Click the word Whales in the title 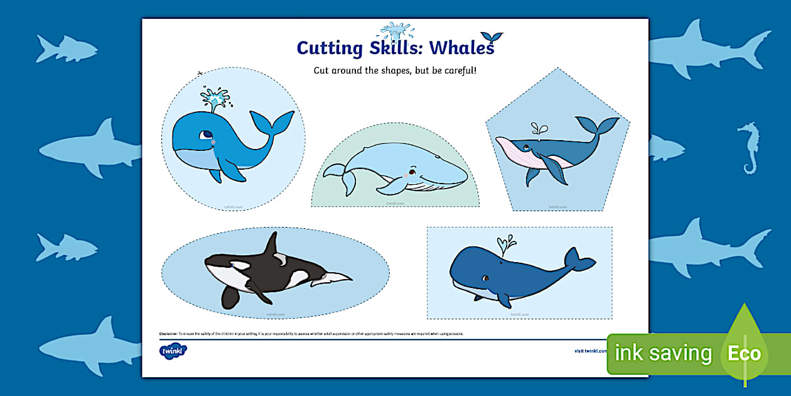tap(462, 48)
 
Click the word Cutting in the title tap(329, 48)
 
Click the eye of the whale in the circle tap(206, 135)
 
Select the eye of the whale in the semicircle tap(411, 172)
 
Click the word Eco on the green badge tap(744, 353)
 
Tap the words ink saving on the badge tap(663, 353)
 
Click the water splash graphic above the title tap(395, 31)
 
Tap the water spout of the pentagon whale tap(538, 129)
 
